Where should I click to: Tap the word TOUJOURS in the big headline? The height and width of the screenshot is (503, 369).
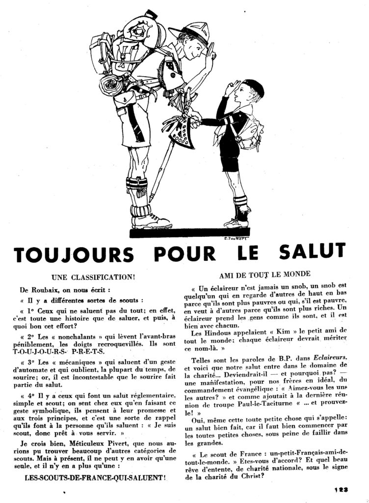(x=73, y=254)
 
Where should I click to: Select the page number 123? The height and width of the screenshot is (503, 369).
(x=339, y=489)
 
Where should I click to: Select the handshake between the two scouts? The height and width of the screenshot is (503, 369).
(x=196, y=118)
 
